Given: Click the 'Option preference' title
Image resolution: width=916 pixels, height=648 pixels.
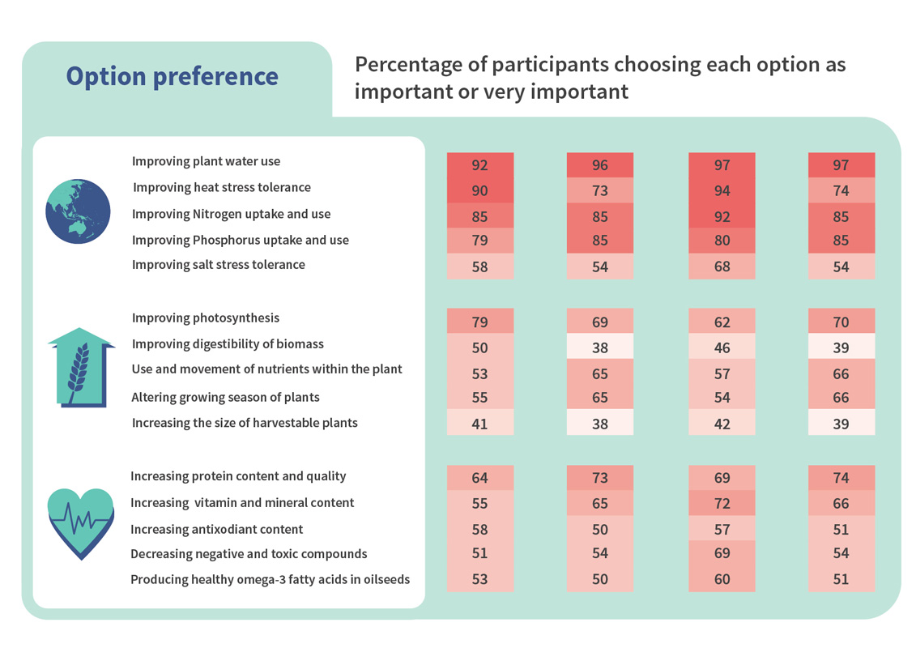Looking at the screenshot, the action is [x=172, y=76].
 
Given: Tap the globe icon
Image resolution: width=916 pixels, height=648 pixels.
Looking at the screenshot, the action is [x=79, y=211].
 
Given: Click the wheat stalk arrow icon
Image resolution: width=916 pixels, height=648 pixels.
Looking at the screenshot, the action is [x=81, y=368].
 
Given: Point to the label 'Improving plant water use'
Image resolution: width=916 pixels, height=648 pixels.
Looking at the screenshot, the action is [x=206, y=161].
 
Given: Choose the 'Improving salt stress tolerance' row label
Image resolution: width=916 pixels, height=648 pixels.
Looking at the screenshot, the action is [x=219, y=265].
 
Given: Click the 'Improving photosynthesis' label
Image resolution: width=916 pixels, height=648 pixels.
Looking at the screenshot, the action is [x=206, y=318].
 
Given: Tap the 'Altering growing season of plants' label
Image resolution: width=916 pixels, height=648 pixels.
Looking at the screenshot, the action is [x=225, y=398].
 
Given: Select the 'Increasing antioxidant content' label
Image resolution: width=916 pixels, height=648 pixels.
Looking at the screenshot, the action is [x=217, y=530].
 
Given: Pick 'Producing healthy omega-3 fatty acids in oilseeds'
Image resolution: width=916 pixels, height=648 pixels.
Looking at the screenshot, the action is [x=270, y=580].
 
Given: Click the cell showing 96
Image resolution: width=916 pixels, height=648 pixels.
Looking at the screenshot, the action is [x=600, y=165].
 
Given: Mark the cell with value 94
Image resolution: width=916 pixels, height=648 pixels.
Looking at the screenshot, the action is [x=722, y=191].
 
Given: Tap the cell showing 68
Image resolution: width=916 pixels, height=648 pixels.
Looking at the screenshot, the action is [x=722, y=266].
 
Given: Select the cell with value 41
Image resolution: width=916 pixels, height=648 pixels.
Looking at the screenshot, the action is [x=480, y=423].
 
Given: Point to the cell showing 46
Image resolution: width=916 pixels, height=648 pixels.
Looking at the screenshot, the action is [x=722, y=347].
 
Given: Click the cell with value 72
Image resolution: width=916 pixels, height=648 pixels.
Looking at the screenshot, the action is [x=722, y=503].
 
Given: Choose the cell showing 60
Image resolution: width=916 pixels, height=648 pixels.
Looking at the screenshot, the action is [x=722, y=579].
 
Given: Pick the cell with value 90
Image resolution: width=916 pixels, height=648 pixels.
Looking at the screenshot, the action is [x=480, y=191].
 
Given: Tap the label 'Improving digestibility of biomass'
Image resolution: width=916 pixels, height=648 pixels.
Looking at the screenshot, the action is [x=228, y=344].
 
